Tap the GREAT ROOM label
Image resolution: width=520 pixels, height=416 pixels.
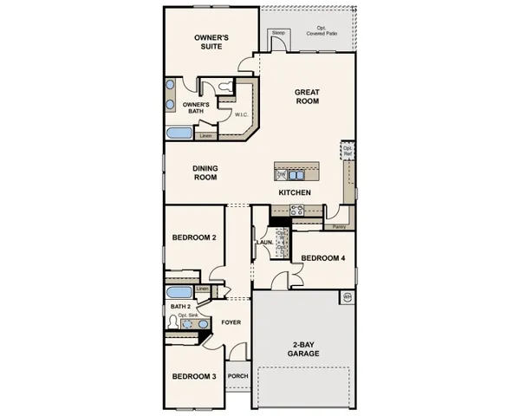click(307, 96)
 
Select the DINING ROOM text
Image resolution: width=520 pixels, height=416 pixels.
click(205, 172)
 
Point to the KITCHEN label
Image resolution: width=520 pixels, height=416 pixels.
click(295, 192)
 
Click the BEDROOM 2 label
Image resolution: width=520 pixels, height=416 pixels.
click(194, 237)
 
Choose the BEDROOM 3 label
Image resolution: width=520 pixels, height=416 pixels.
click(194, 376)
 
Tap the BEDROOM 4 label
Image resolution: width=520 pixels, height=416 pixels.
click(323, 258)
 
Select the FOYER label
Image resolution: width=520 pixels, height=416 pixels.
click(230, 322)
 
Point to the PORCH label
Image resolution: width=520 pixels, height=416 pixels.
click(237, 376)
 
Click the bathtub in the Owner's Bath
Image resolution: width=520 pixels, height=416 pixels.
click(180, 133)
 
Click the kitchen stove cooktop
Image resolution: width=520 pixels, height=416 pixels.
click(296, 209)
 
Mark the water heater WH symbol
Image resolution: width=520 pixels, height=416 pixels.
click(348, 297)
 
